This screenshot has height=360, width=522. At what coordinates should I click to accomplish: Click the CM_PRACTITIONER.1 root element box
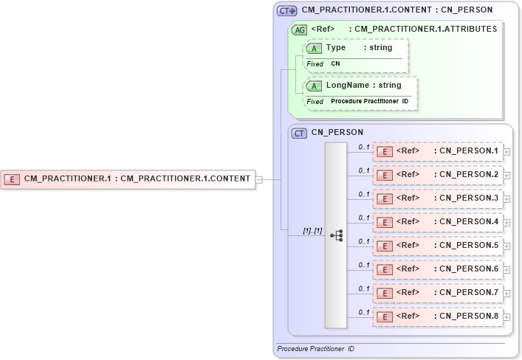tap(128, 179)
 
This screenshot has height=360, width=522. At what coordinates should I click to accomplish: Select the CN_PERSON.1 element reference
tap(438, 151)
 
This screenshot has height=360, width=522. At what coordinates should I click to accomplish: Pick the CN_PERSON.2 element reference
tap(438, 175)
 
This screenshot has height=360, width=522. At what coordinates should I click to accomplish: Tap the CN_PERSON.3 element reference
tap(438, 198)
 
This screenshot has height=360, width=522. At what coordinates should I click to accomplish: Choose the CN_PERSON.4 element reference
tap(438, 222)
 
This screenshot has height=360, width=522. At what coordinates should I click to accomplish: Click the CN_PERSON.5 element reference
tap(438, 246)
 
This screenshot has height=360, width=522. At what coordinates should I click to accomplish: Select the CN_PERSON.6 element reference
tap(438, 269)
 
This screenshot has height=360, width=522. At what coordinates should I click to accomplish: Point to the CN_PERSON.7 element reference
tap(438, 293)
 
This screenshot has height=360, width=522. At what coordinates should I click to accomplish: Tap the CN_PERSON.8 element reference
tap(438, 316)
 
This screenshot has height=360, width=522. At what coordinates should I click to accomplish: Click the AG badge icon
tap(300, 30)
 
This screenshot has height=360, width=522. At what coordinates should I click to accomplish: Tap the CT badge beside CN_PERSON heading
tap(299, 134)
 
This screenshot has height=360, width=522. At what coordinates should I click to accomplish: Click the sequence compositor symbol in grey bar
tap(336, 235)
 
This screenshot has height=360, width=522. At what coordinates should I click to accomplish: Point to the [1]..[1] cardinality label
tap(312, 231)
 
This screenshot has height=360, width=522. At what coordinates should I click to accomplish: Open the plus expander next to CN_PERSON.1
tap(507, 152)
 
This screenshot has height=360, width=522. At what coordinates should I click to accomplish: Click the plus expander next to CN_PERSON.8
tap(507, 317)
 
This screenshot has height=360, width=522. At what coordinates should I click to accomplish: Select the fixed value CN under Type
tap(335, 64)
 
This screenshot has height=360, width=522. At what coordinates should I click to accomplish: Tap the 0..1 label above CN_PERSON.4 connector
tap(363, 218)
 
